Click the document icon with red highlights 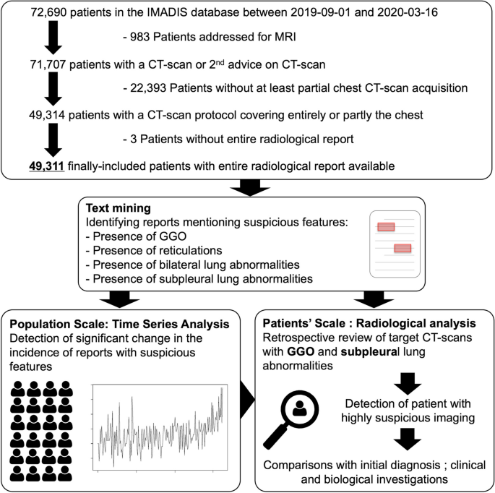[x=395, y=243]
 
